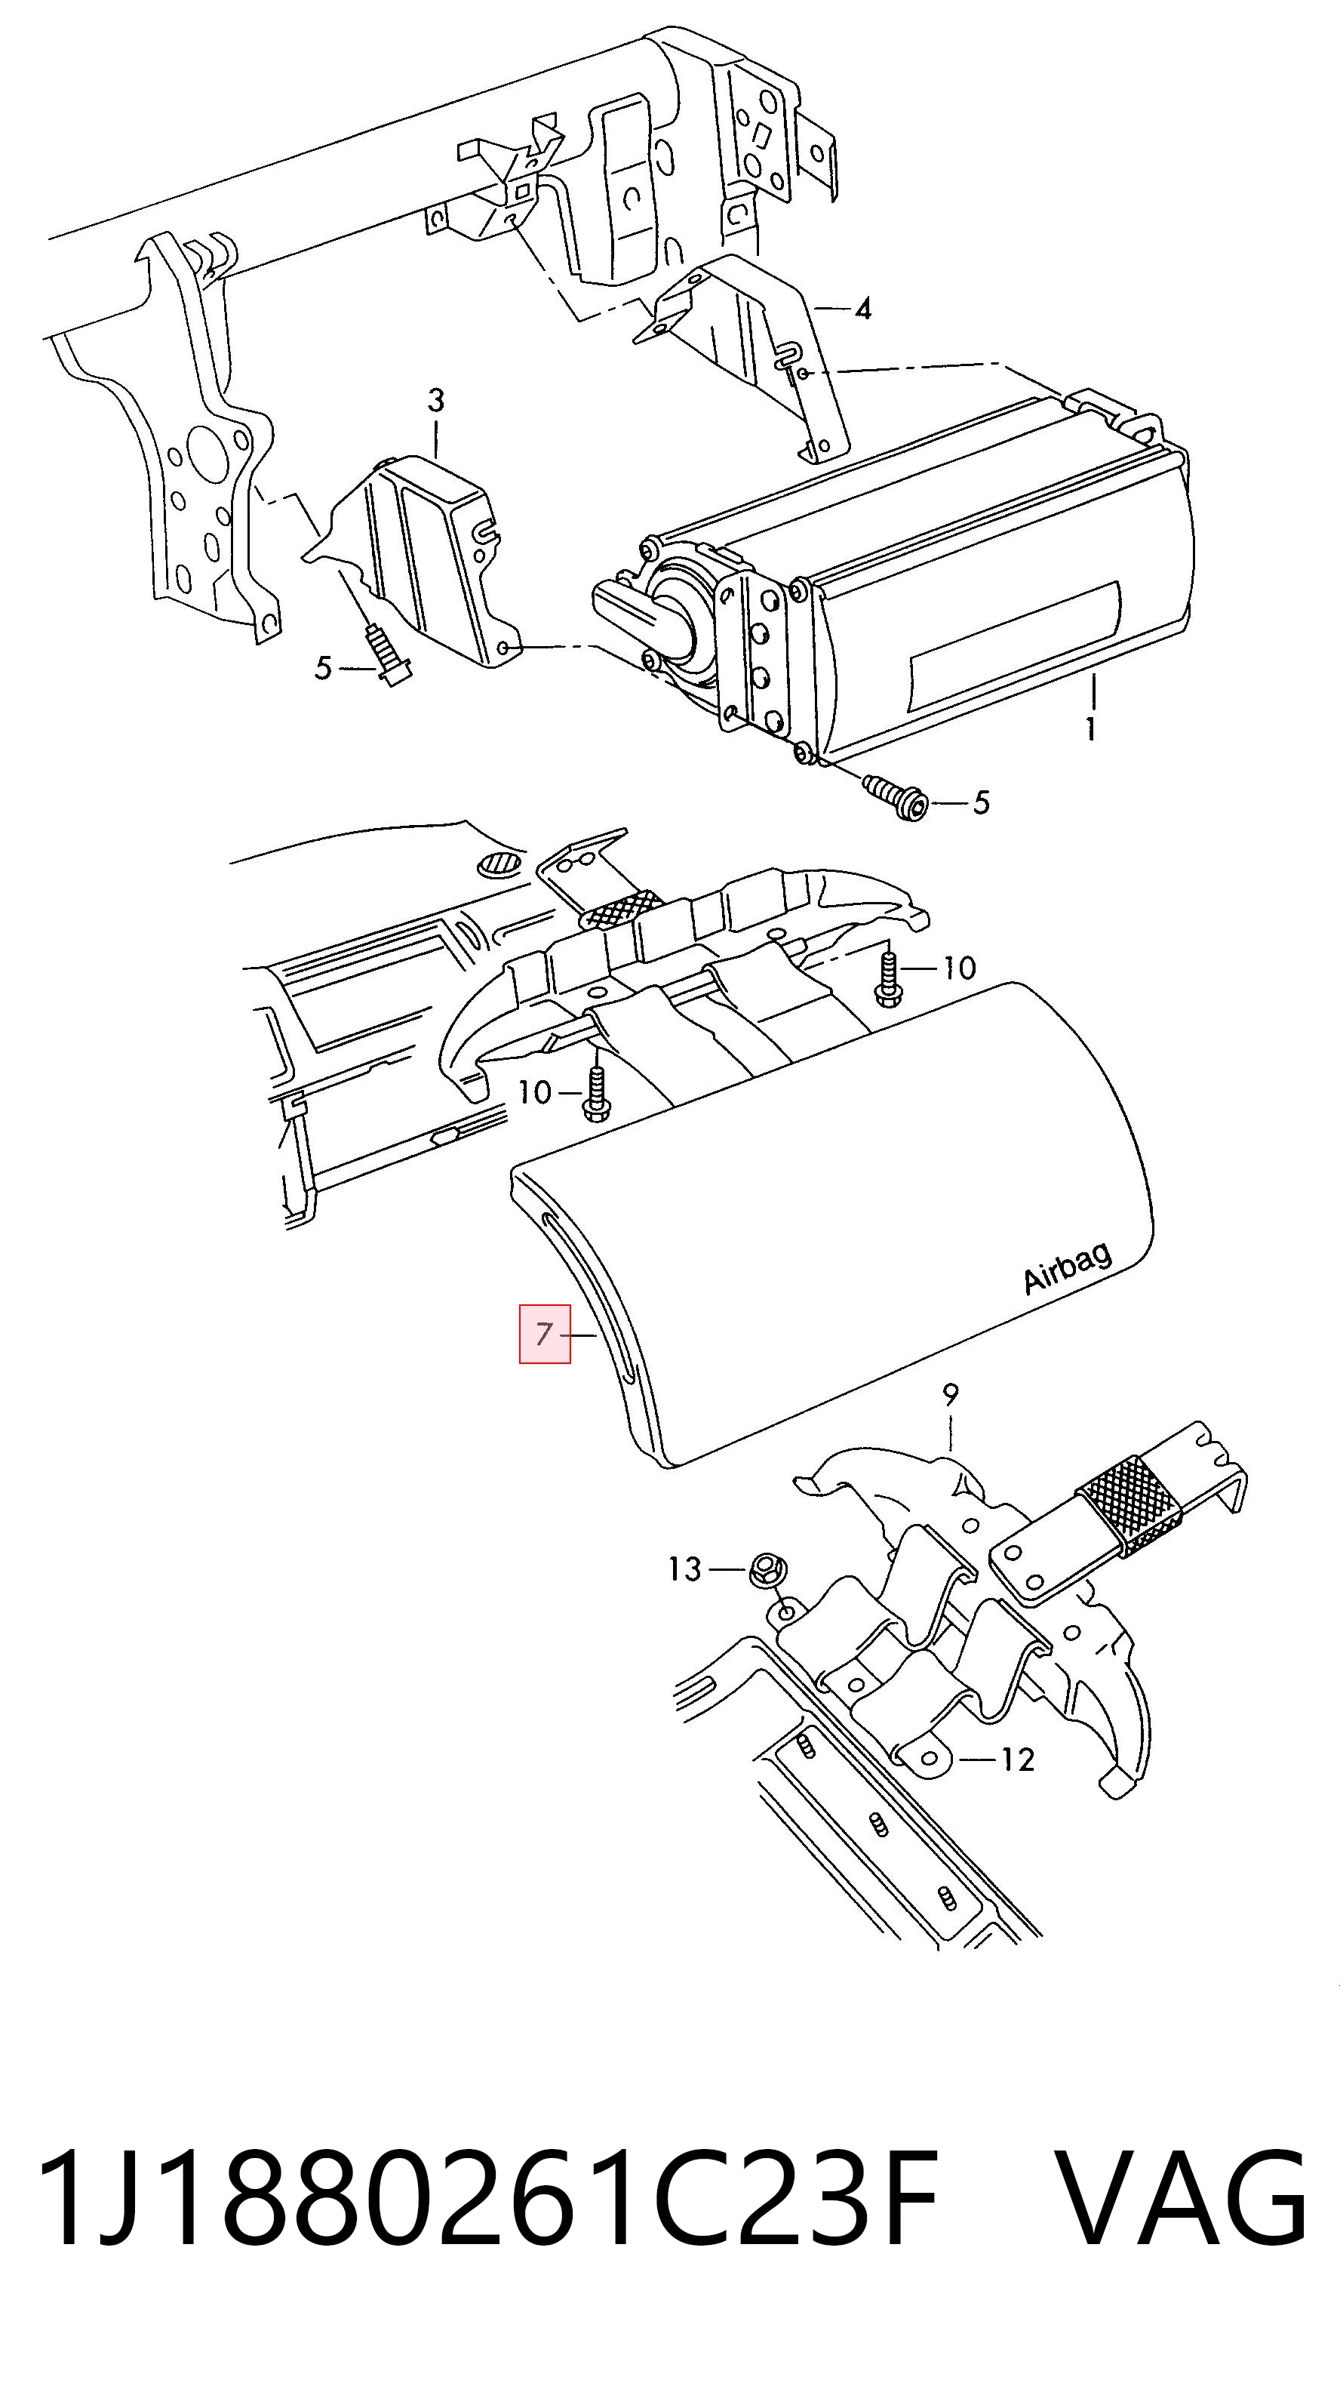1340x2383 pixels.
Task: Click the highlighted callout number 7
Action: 544,1334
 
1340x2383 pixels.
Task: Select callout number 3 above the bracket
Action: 435,401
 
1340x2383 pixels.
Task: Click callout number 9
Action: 951,1394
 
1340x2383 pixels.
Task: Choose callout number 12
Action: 1017,1760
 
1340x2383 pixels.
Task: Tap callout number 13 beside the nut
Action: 685,1569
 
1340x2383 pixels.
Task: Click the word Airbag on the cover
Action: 1068,1267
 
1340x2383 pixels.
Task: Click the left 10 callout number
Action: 536,1092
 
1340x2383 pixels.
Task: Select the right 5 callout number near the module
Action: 980,802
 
